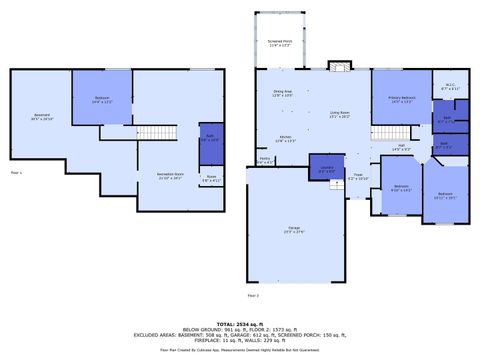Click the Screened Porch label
(x=279, y=43)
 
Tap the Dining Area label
(x=283, y=93)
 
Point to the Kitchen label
(x=284, y=138)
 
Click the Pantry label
(x=265, y=160)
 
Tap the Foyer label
(x=358, y=177)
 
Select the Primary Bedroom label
(x=401, y=99)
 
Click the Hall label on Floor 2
(x=400, y=147)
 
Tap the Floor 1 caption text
(x=14, y=173)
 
